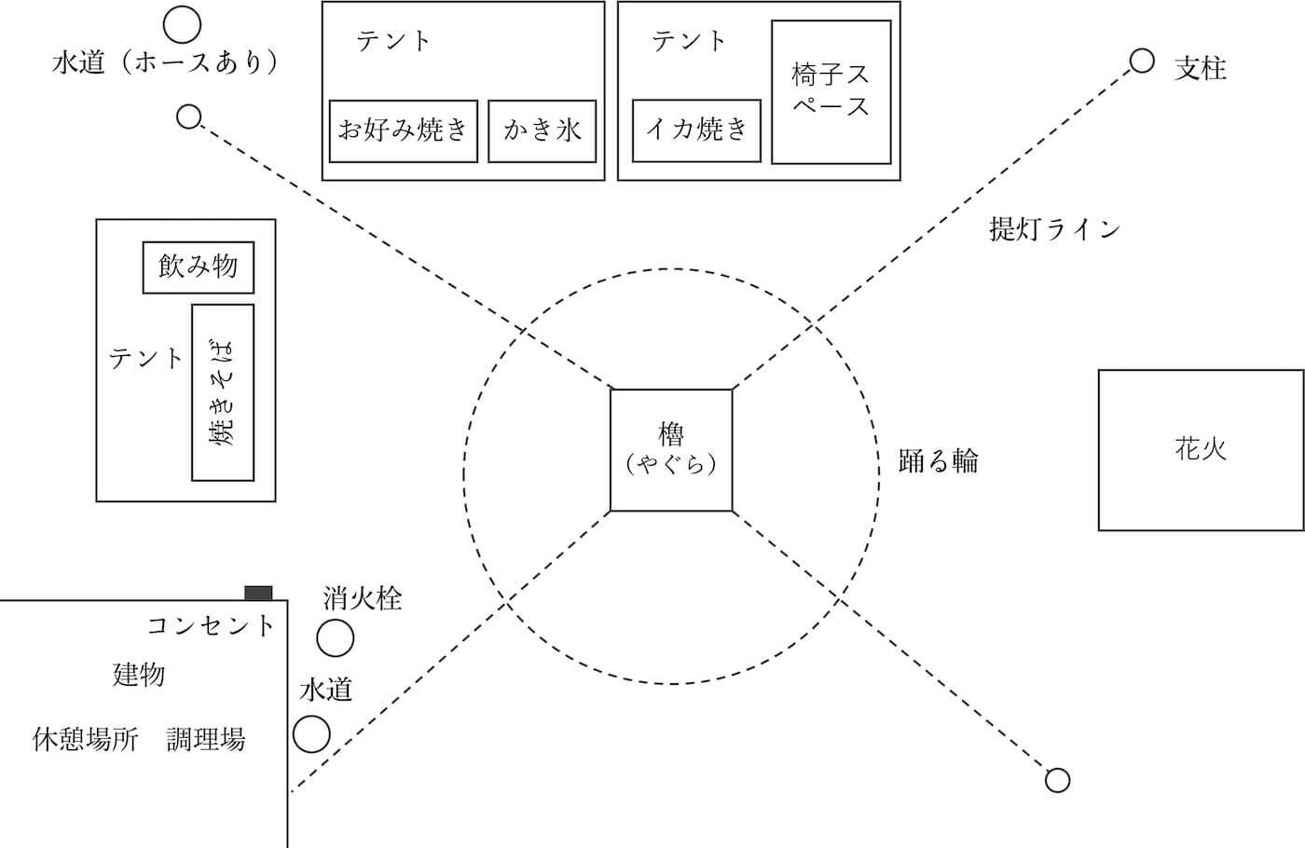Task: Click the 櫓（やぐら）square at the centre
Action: [671, 450]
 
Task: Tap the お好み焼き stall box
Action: [404, 131]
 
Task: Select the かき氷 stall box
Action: [542, 131]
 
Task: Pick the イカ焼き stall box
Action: [696, 130]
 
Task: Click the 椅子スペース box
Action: [831, 90]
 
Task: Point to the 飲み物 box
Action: [198, 267]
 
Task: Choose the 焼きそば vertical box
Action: [223, 392]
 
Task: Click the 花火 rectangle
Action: [1201, 450]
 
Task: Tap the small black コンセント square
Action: [258, 594]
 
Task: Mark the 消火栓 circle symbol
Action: [336, 639]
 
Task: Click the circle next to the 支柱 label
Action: [1142, 62]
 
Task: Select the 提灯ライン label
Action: [1054, 229]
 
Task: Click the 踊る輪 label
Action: [938, 460]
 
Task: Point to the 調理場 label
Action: [206, 740]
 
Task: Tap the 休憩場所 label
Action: [86, 740]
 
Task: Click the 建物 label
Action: [139, 675]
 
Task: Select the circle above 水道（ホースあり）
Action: [182, 21]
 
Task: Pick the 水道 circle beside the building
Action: [311, 734]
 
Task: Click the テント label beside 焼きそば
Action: [146, 358]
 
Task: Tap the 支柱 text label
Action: [1200, 69]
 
